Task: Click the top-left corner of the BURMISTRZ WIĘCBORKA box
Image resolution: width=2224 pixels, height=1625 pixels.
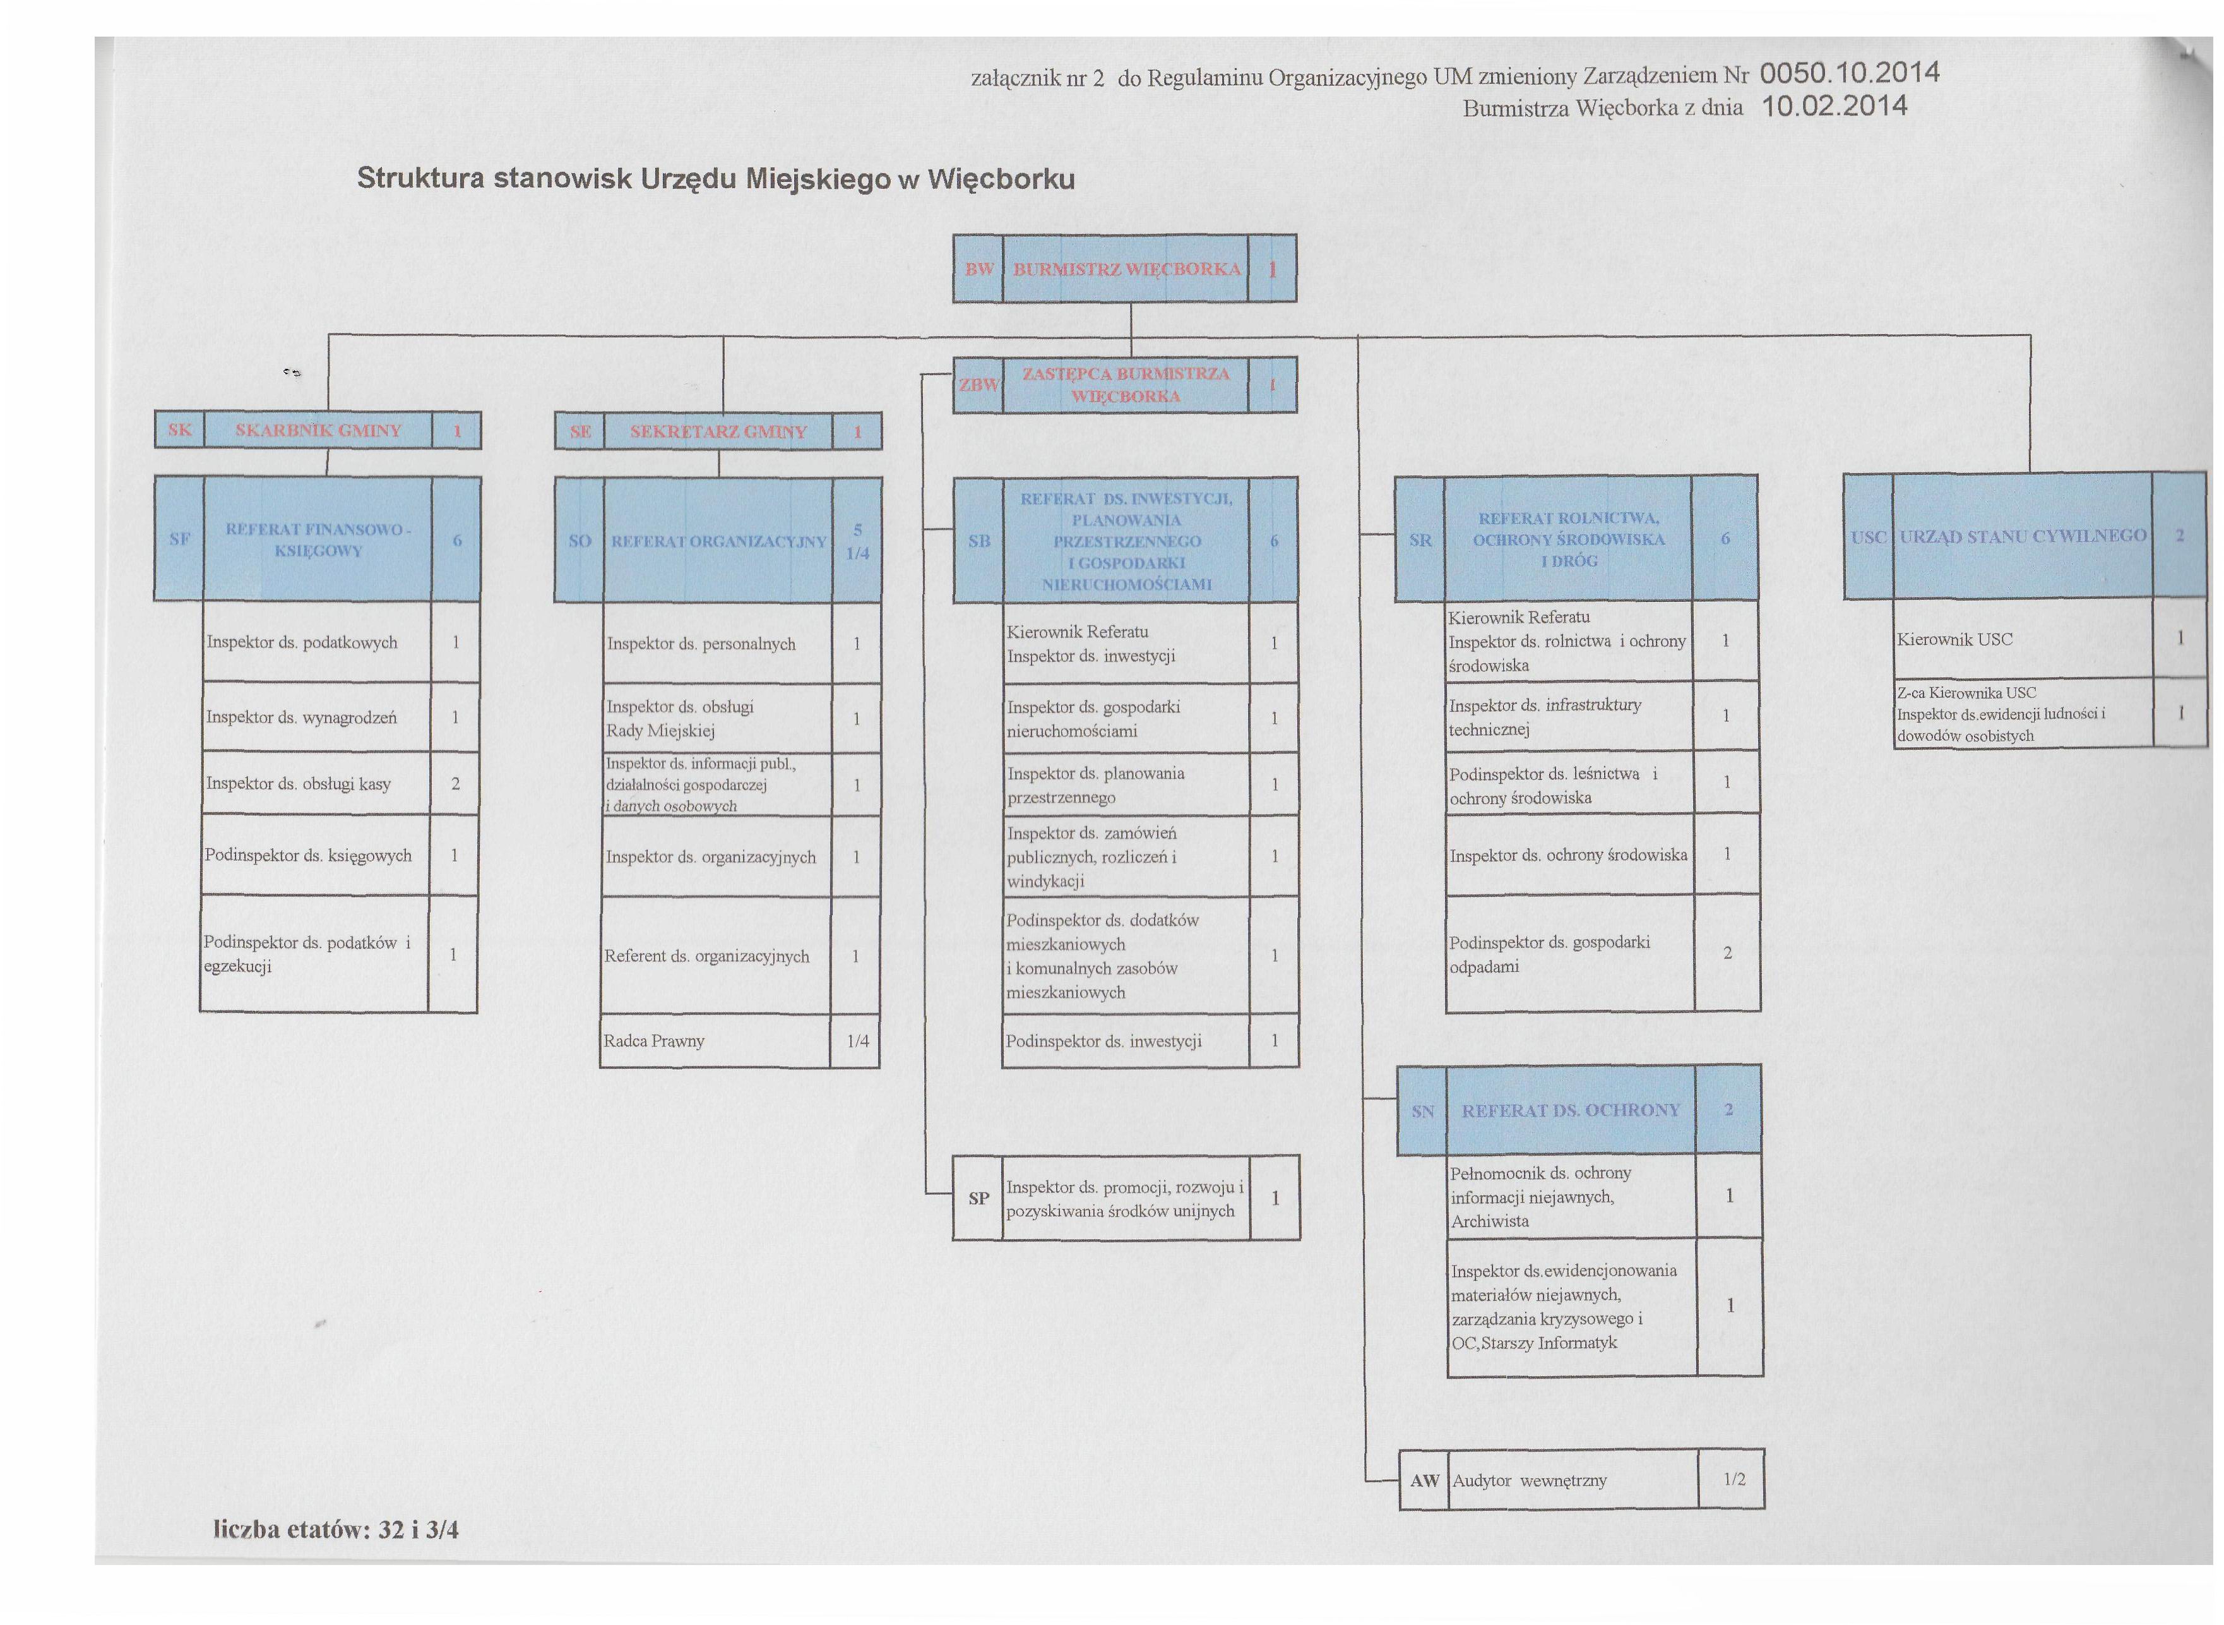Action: point(954,235)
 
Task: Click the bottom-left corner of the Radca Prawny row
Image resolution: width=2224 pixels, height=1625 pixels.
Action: point(601,1067)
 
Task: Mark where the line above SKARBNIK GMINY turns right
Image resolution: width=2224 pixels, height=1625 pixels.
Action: point(328,335)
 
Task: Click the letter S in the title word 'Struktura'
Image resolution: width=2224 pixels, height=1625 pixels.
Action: point(367,178)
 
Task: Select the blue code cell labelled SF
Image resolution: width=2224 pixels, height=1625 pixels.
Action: point(179,539)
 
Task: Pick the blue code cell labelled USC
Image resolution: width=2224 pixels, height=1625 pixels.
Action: point(1868,536)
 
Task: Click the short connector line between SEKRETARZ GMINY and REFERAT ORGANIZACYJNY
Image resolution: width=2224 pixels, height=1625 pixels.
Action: point(719,464)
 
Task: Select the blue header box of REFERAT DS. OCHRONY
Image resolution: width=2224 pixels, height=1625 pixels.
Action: point(1579,1110)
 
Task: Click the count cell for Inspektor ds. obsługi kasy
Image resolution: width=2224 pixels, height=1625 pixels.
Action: point(455,784)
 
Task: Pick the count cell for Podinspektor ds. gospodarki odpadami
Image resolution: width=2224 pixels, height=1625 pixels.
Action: point(1727,953)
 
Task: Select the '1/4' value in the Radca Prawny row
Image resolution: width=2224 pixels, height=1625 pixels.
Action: point(857,1041)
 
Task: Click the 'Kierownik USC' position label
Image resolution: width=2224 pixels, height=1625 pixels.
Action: point(1954,639)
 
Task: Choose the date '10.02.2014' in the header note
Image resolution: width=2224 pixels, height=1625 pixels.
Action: point(1835,106)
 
